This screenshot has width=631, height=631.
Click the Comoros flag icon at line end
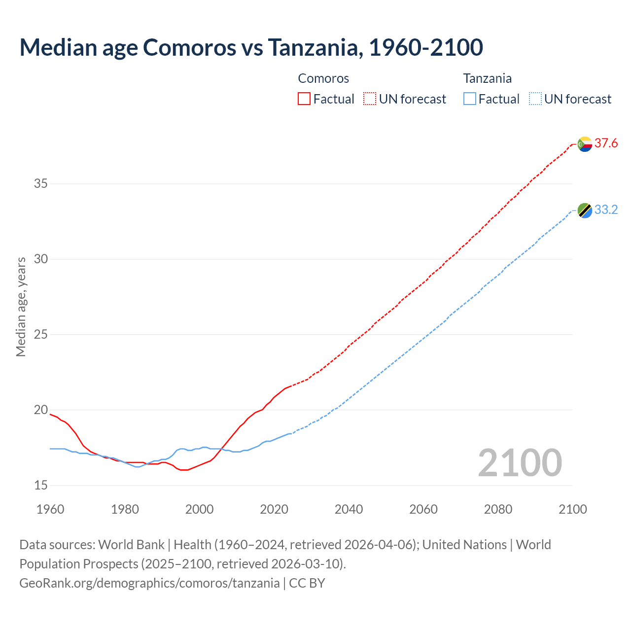(585, 144)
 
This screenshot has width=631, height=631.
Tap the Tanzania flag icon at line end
(585, 210)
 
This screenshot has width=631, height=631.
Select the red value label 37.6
(606, 143)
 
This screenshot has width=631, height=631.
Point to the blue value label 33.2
(606, 210)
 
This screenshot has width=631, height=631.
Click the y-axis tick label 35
(41, 184)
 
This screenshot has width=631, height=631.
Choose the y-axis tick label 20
(41, 410)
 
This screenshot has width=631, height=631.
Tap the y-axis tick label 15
(41, 486)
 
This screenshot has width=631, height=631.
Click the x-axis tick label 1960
(50, 509)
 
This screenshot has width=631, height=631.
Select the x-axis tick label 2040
(349, 509)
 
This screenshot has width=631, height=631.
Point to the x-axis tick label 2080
(498, 509)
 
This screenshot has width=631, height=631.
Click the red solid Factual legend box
(304, 99)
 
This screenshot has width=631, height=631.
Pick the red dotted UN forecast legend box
(370, 99)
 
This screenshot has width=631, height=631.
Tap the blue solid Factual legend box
(470, 99)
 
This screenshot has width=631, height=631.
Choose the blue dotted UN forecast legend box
(535, 99)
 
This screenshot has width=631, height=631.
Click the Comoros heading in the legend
(323, 78)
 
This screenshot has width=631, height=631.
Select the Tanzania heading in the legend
(487, 78)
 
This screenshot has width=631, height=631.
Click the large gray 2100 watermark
(520, 462)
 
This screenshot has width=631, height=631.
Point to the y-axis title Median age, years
(21, 307)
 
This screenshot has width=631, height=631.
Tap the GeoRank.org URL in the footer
(149, 583)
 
